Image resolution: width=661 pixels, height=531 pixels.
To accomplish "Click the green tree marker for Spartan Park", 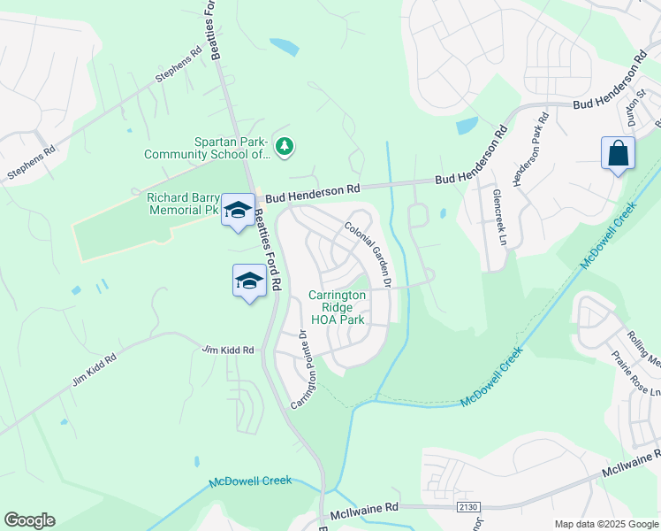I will [x=284, y=146].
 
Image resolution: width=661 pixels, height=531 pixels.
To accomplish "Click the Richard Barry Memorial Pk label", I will [x=182, y=204].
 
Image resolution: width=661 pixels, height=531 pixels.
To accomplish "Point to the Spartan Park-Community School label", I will [x=207, y=147].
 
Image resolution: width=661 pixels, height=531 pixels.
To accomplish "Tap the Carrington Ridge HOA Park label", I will [x=337, y=306].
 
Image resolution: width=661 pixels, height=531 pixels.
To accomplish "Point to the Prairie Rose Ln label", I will [x=635, y=373].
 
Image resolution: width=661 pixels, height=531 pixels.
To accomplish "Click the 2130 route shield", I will [x=468, y=506].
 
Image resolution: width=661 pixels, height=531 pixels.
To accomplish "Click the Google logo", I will [x=29, y=520].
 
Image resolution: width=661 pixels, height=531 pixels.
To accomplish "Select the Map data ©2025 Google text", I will [x=605, y=524].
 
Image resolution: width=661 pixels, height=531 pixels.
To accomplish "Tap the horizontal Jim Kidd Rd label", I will [x=228, y=350].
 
